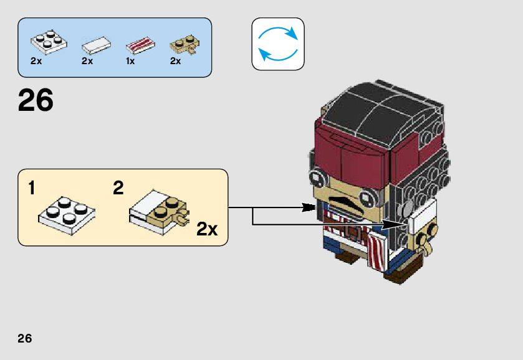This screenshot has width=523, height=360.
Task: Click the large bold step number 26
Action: click(36, 101)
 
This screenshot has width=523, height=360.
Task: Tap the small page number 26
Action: click(25, 339)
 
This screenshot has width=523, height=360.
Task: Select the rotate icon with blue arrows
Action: click(277, 44)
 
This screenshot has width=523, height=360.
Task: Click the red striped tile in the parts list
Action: click(140, 45)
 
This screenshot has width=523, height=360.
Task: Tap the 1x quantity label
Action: click(130, 62)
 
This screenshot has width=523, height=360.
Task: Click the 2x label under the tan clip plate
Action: click(175, 62)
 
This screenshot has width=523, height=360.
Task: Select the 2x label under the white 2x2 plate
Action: click(36, 62)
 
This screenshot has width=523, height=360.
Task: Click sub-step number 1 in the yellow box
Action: click(32, 188)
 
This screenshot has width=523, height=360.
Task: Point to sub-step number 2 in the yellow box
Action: click(118, 188)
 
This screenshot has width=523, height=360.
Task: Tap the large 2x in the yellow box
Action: click(206, 229)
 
